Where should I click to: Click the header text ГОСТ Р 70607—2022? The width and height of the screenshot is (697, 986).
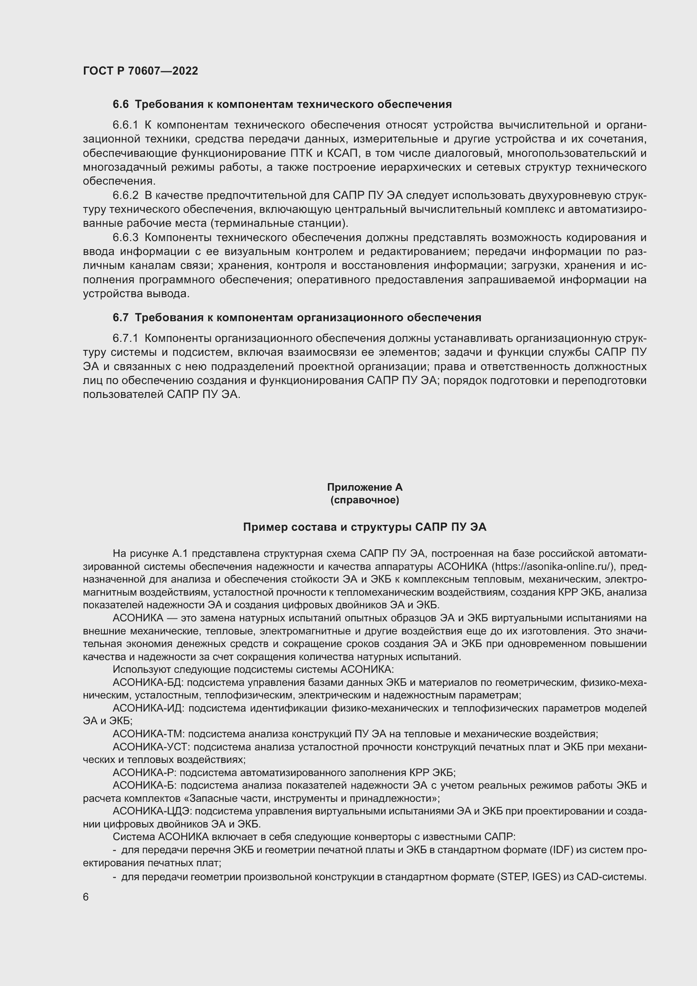click(x=140, y=71)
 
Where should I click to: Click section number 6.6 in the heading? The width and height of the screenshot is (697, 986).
click(x=120, y=105)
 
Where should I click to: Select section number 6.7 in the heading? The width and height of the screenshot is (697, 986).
click(x=120, y=317)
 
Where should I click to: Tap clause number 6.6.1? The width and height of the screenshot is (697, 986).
click(x=125, y=125)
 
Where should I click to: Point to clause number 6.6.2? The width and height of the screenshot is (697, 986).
click(x=125, y=196)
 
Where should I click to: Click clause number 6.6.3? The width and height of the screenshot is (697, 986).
click(x=125, y=237)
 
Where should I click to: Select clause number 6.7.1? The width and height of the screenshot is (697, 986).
click(x=125, y=338)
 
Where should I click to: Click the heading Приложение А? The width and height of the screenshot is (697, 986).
click(x=365, y=487)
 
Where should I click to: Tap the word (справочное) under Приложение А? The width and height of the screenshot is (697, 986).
click(x=365, y=500)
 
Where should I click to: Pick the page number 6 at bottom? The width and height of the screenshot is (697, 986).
click(x=86, y=897)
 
